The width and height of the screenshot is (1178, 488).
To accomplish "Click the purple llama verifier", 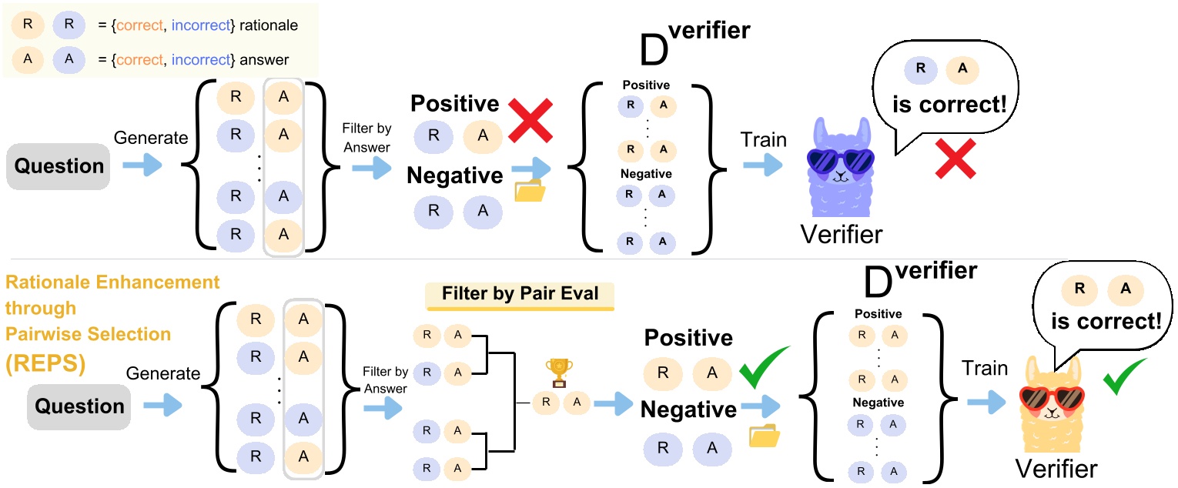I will (841, 181).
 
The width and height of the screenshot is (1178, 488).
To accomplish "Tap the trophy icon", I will (555, 373).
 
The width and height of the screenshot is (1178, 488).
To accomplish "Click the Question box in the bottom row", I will (79, 406).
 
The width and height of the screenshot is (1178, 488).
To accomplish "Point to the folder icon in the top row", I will (530, 190).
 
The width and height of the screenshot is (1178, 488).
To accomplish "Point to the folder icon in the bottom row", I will (765, 436).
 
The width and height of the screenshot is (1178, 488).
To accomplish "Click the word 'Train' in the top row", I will (764, 139).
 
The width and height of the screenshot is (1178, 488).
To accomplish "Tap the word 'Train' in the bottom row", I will (984, 368).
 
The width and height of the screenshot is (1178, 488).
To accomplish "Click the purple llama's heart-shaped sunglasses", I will (840, 160).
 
